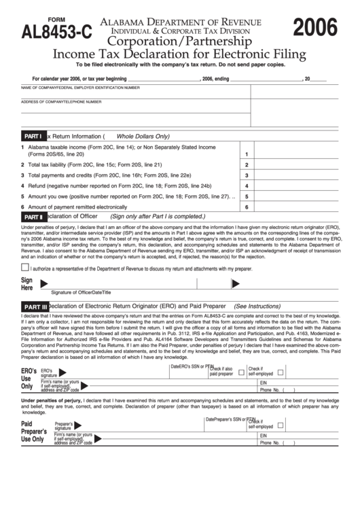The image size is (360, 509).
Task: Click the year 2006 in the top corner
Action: (x=314, y=28)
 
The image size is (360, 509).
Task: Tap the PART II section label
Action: (x=33, y=217)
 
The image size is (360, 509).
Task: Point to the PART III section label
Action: (x=35, y=307)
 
